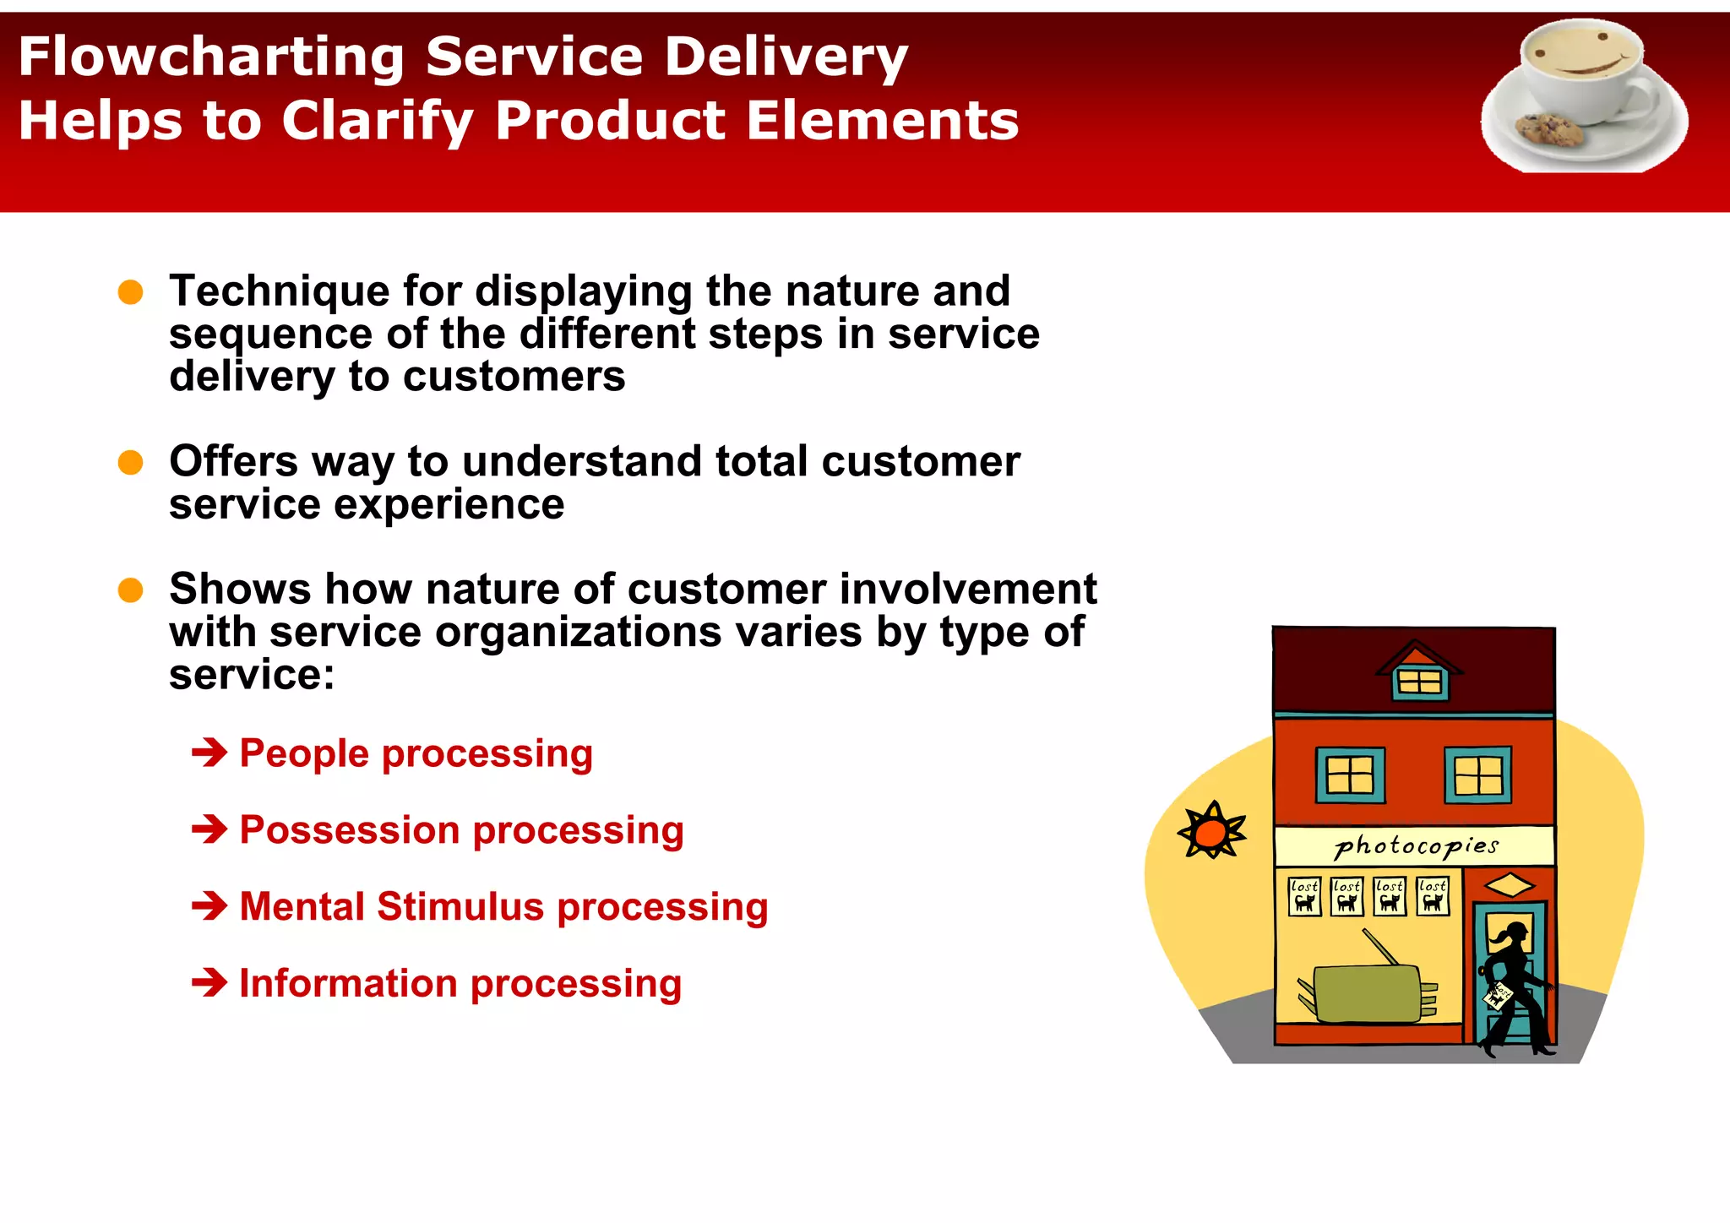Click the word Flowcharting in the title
(211, 57)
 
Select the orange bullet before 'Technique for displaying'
(130, 292)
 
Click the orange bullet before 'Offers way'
(130, 463)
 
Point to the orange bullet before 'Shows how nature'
(130, 590)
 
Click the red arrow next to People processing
(209, 753)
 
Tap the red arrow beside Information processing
(209, 982)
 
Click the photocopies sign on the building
(1415, 845)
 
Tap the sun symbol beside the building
(1211, 832)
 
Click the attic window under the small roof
(1419, 682)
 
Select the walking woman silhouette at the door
(1514, 988)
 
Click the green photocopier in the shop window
(1367, 993)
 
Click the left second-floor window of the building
(1350, 775)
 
